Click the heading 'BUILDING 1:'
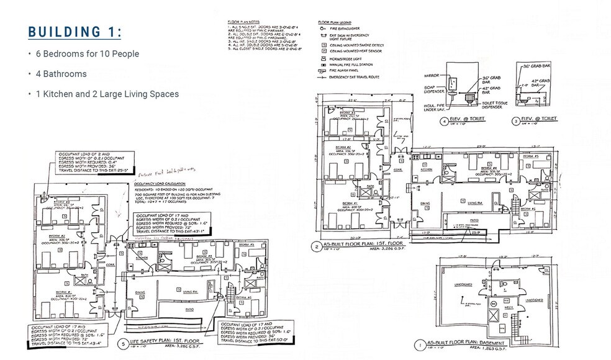coord(75,32)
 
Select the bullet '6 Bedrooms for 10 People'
coord(87,54)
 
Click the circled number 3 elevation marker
coord(515,120)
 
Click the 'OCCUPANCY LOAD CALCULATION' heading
coord(163,184)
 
